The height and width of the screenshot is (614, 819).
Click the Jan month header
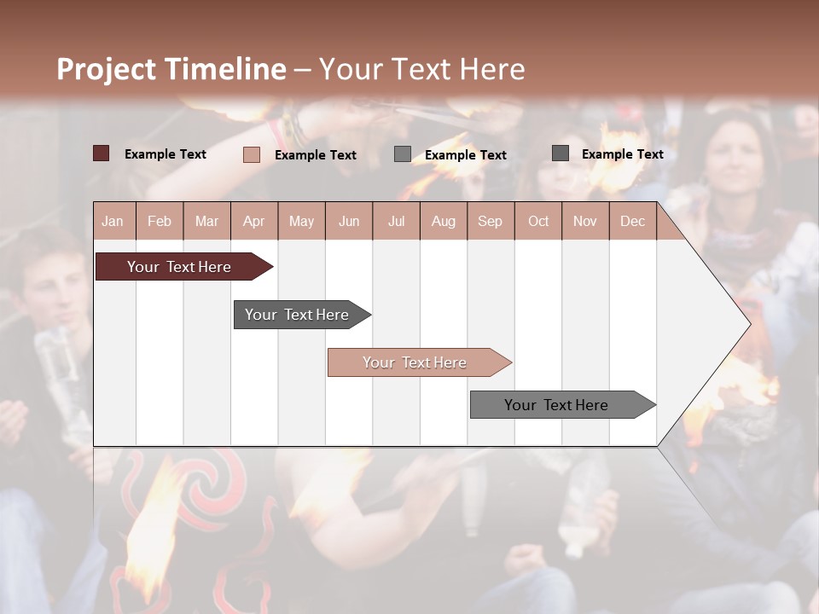(113, 221)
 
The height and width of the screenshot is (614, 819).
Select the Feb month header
(160, 221)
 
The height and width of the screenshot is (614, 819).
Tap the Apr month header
(254, 221)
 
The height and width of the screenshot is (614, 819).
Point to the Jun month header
(349, 221)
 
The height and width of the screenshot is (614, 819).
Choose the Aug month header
(444, 221)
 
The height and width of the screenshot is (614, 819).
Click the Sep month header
(491, 221)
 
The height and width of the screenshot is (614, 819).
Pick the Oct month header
(538, 221)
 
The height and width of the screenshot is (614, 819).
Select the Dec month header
(633, 221)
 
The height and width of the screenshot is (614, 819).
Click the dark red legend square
(102, 153)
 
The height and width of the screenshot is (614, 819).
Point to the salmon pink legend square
(252, 154)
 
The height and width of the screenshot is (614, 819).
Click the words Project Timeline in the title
(171, 69)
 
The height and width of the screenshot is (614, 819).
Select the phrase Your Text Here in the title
(422, 69)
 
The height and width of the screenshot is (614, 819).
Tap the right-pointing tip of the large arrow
(747, 324)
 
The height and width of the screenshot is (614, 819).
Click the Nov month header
(585, 221)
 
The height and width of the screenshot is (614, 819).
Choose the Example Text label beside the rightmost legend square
(622, 153)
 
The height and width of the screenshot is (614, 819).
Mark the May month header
(301, 221)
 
